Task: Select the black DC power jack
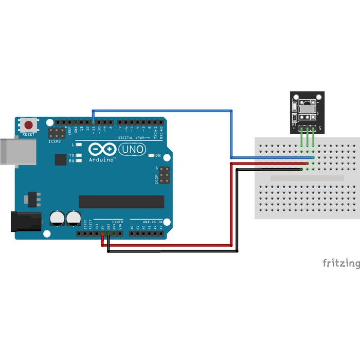(x=25, y=222)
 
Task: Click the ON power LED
(x=151, y=155)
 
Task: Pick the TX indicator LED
(x=79, y=155)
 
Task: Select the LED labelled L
(x=79, y=145)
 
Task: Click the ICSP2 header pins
(x=57, y=133)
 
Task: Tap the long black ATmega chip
(x=121, y=202)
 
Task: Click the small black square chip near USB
(x=60, y=159)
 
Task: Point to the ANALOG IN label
(x=153, y=222)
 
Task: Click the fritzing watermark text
(x=341, y=263)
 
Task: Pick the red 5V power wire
(x=170, y=245)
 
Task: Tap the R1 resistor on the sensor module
(x=294, y=107)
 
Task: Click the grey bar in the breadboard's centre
(x=307, y=178)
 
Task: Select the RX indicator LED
(x=79, y=161)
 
